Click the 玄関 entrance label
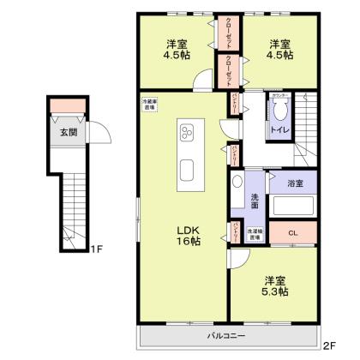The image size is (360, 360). (x=67, y=133)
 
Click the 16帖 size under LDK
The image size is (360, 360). (x=189, y=242)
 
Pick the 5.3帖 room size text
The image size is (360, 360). (x=275, y=291)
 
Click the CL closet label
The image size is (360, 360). (x=292, y=232)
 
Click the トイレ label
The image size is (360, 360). (x=279, y=129)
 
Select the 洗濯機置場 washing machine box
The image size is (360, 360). (x=255, y=232)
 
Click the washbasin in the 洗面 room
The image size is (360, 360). (x=237, y=183)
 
